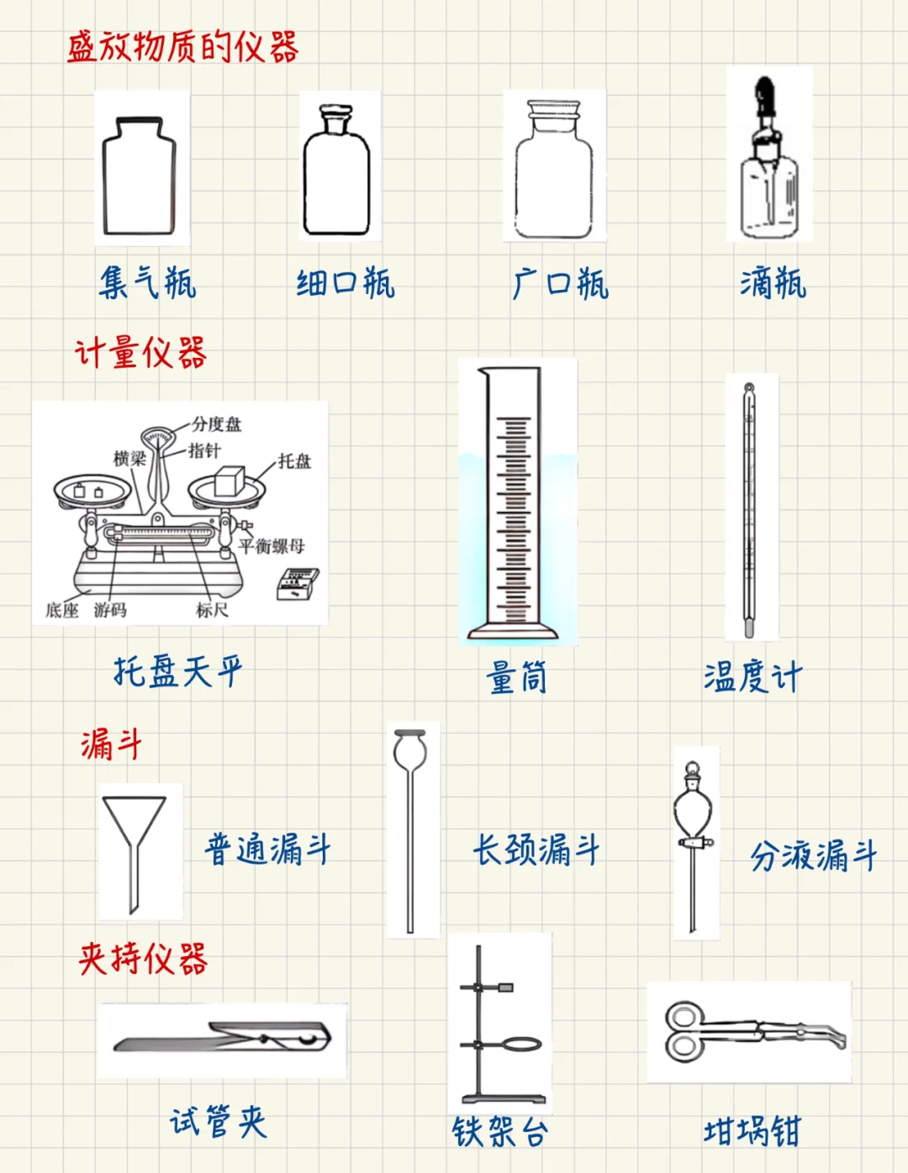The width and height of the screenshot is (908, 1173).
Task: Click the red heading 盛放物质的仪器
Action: [182, 47]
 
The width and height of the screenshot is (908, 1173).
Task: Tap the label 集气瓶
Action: [148, 282]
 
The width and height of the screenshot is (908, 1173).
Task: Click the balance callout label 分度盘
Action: [216, 424]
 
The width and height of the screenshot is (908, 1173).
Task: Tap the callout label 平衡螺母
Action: [272, 546]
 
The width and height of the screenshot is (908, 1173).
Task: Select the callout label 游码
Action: [110, 610]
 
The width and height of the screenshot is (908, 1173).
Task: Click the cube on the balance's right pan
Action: [229, 481]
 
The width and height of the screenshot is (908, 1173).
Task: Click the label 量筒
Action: [517, 677]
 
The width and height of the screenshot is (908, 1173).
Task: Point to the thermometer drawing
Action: [749, 508]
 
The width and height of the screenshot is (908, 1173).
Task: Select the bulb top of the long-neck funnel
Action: [410, 748]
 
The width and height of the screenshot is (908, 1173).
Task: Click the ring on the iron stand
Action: [522, 1044]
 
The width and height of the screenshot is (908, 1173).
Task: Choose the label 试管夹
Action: [219, 1122]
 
